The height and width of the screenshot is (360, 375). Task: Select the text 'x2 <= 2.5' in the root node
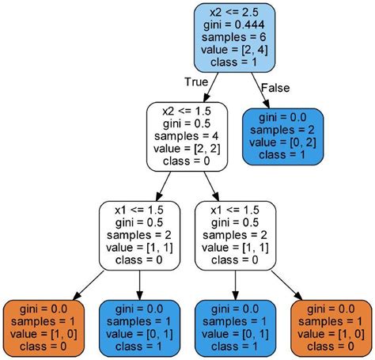234,13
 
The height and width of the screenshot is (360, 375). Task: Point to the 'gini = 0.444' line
234,26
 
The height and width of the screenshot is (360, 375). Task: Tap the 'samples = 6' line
234,39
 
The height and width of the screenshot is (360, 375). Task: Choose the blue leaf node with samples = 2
282,137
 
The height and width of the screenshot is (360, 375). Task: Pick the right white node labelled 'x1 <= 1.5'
234,235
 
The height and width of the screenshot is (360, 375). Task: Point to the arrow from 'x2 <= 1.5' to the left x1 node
163,185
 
